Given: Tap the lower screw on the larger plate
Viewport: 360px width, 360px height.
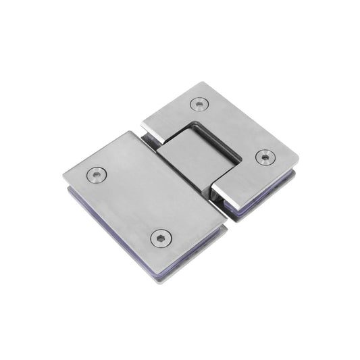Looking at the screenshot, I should [161, 237].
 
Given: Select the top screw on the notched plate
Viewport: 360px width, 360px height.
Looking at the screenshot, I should [199, 103].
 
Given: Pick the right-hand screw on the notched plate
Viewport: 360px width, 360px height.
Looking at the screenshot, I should [265, 157].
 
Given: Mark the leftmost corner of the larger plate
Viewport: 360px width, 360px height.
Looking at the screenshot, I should [64, 177].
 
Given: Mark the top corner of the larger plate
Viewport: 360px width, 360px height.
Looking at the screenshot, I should [128, 133].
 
